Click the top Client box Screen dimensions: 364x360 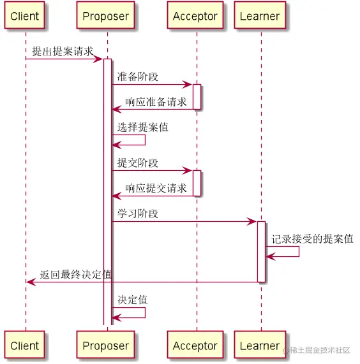coord(25,17)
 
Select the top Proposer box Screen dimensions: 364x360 coord(106,17)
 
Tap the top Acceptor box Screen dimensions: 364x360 coord(195,17)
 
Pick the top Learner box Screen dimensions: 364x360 coord(260,17)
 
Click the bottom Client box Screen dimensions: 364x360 coord(25,346)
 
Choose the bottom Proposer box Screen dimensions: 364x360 coord(106,346)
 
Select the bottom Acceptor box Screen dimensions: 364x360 coord(195,346)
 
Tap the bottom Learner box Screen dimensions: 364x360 coord(260,346)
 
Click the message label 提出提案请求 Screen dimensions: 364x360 coord(63,52)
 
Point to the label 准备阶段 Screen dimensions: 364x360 coord(137,76)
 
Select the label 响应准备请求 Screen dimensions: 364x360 coord(156,101)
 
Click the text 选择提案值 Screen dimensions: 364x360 coord(142,127)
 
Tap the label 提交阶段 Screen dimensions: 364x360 coord(137,163)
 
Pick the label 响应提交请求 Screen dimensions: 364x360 coord(156,187)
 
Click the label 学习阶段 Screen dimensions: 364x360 coord(137,213)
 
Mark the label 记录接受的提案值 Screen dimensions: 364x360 coord(312,239)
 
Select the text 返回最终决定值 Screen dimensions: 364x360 coord(75,274)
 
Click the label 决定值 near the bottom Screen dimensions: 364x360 coord(132,299)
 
